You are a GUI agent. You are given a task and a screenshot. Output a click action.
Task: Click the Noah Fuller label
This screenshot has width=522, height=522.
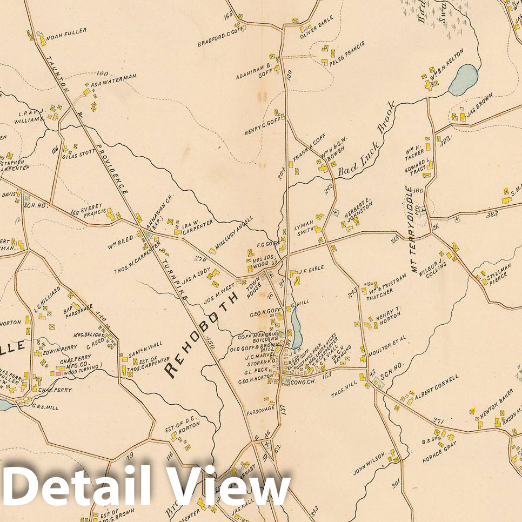coord(66,32)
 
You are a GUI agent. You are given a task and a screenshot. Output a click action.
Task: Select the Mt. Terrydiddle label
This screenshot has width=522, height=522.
coord(413,227)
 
